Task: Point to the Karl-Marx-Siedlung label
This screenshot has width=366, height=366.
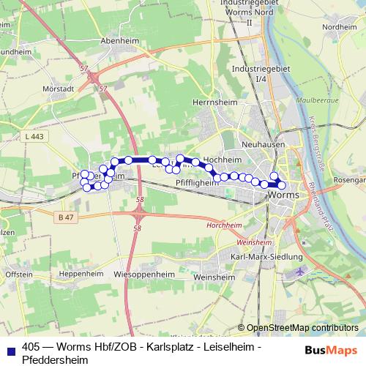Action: point(266,257)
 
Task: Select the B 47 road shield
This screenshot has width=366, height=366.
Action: point(67,217)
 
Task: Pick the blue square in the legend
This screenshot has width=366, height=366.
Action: point(10,348)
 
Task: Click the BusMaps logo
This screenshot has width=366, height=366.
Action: point(329,348)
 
